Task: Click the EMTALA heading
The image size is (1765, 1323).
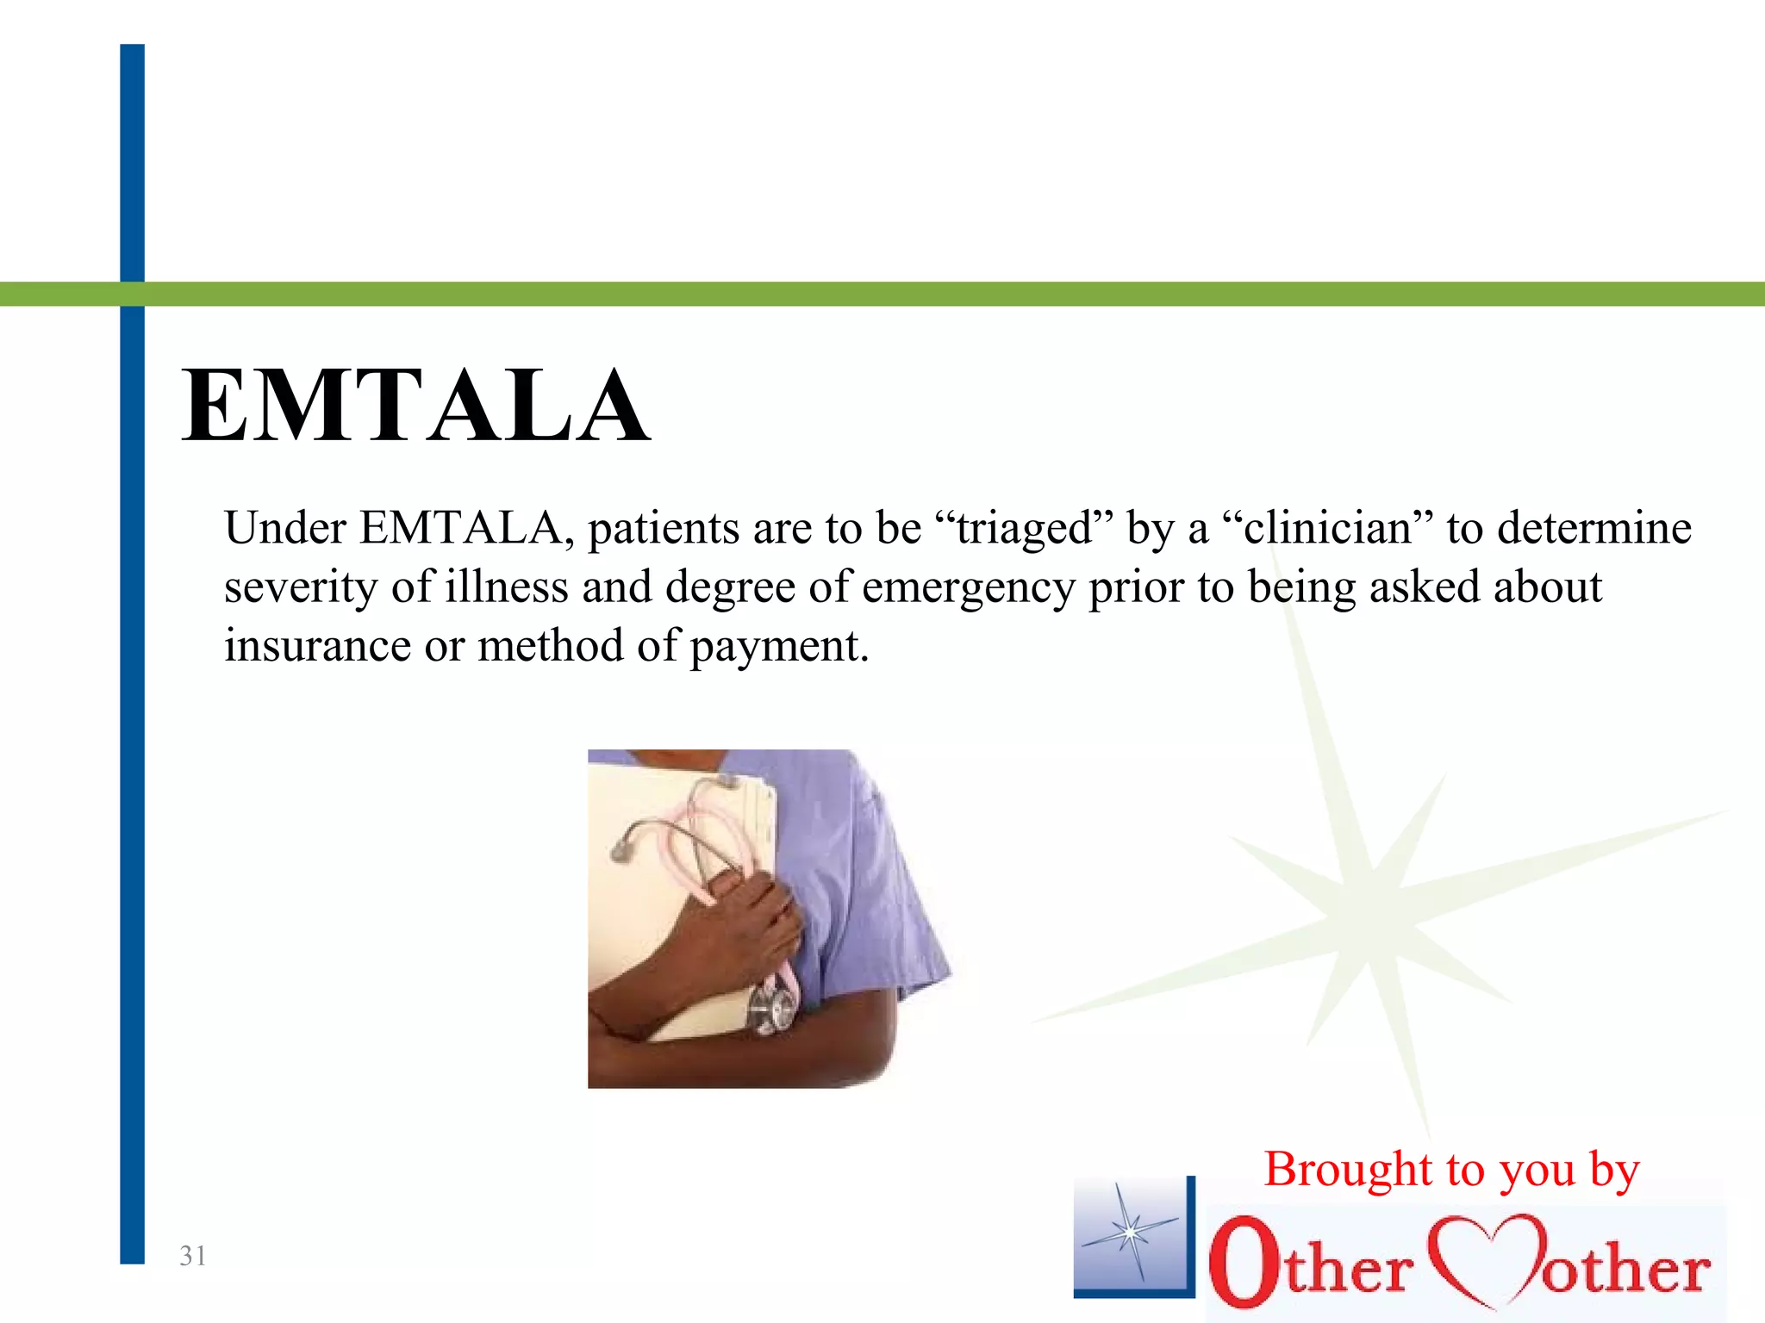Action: (x=415, y=405)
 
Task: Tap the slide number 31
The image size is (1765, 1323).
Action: (x=192, y=1256)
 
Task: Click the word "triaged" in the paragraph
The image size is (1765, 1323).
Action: (x=1025, y=528)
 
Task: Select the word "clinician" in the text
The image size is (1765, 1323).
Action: (x=1327, y=528)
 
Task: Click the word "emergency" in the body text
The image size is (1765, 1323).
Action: (x=969, y=589)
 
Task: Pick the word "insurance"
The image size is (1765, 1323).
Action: (x=317, y=646)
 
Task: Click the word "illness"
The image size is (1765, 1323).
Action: (x=507, y=587)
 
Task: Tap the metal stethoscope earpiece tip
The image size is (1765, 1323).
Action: (x=620, y=851)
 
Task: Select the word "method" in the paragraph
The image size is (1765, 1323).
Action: (x=551, y=646)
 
